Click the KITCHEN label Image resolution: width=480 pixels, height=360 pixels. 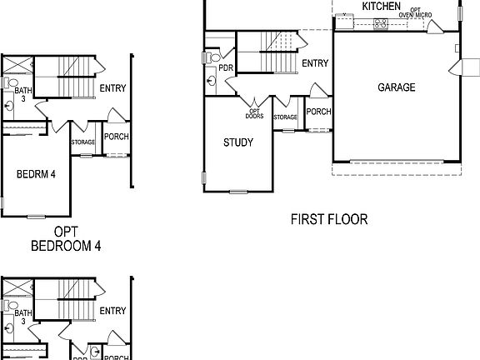[381, 7]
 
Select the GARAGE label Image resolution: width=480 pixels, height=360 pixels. [396, 87]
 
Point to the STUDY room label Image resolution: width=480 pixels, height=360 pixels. [237, 142]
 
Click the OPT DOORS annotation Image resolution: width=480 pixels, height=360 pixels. [255, 114]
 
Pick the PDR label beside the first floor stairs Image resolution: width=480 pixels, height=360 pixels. [225, 68]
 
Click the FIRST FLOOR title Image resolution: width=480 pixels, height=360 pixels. [329, 220]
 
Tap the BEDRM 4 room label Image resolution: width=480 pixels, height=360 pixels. [36, 175]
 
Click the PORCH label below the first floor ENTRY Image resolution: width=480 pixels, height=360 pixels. [318, 112]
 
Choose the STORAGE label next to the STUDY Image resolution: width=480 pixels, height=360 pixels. [286, 117]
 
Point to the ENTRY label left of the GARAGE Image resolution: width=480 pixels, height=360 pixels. [315, 63]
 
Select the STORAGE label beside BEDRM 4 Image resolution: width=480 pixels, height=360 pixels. [83, 142]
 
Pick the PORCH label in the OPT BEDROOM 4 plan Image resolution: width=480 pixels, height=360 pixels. [116, 137]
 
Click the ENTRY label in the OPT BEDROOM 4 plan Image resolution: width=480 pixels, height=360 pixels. [112, 88]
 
